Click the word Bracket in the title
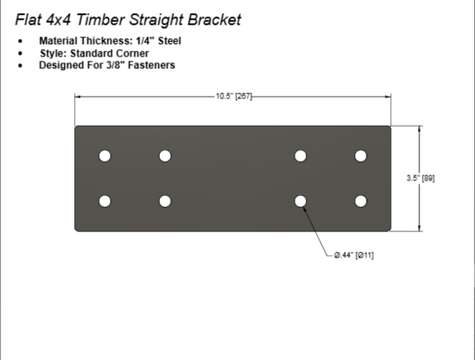(x=214, y=20)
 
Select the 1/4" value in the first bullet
(x=145, y=41)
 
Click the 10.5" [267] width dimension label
(x=234, y=97)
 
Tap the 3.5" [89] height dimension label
(x=420, y=179)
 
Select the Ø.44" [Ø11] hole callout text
(x=354, y=256)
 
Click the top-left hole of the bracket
(x=105, y=156)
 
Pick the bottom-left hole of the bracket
(x=105, y=201)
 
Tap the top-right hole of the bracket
(x=361, y=156)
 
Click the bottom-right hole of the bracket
(x=361, y=201)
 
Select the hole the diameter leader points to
(x=301, y=201)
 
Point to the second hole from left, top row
(x=165, y=156)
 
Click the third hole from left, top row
(x=301, y=156)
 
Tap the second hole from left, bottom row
(x=165, y=201)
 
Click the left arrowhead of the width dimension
(x=78, y=97)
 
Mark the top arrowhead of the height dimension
(x=419, y=128)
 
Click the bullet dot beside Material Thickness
(x=21, y=41)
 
